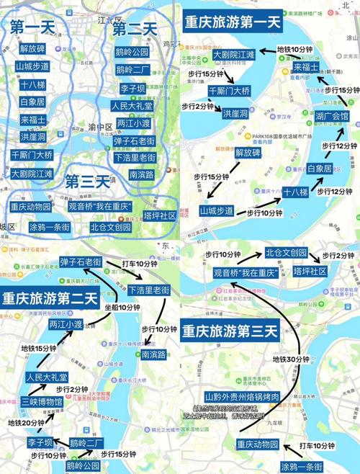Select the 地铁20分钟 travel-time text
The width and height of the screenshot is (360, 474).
27,423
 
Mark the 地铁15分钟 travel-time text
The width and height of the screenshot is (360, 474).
39,348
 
